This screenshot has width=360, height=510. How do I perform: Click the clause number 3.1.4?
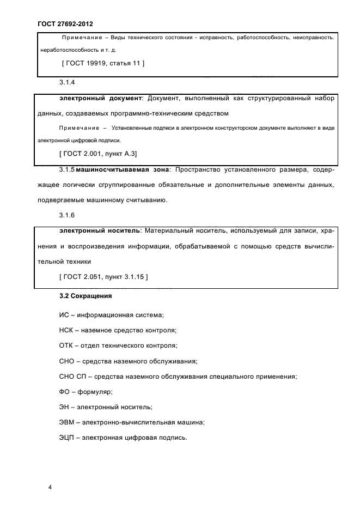pos(66,83)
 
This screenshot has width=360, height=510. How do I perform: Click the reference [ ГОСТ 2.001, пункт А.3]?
pos(97,154)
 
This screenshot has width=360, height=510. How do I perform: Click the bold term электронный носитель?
pos(99,231)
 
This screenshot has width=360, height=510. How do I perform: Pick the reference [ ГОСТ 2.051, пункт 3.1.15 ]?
pos(103,277)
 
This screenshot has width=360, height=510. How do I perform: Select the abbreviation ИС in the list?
pos(64,315)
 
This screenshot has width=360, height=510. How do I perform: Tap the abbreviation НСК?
pos(66,330)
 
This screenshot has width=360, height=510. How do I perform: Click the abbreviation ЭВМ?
pos(67,422)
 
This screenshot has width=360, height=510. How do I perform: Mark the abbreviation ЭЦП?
pos(67,437)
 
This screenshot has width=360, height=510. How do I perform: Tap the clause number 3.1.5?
pos(66,170)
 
